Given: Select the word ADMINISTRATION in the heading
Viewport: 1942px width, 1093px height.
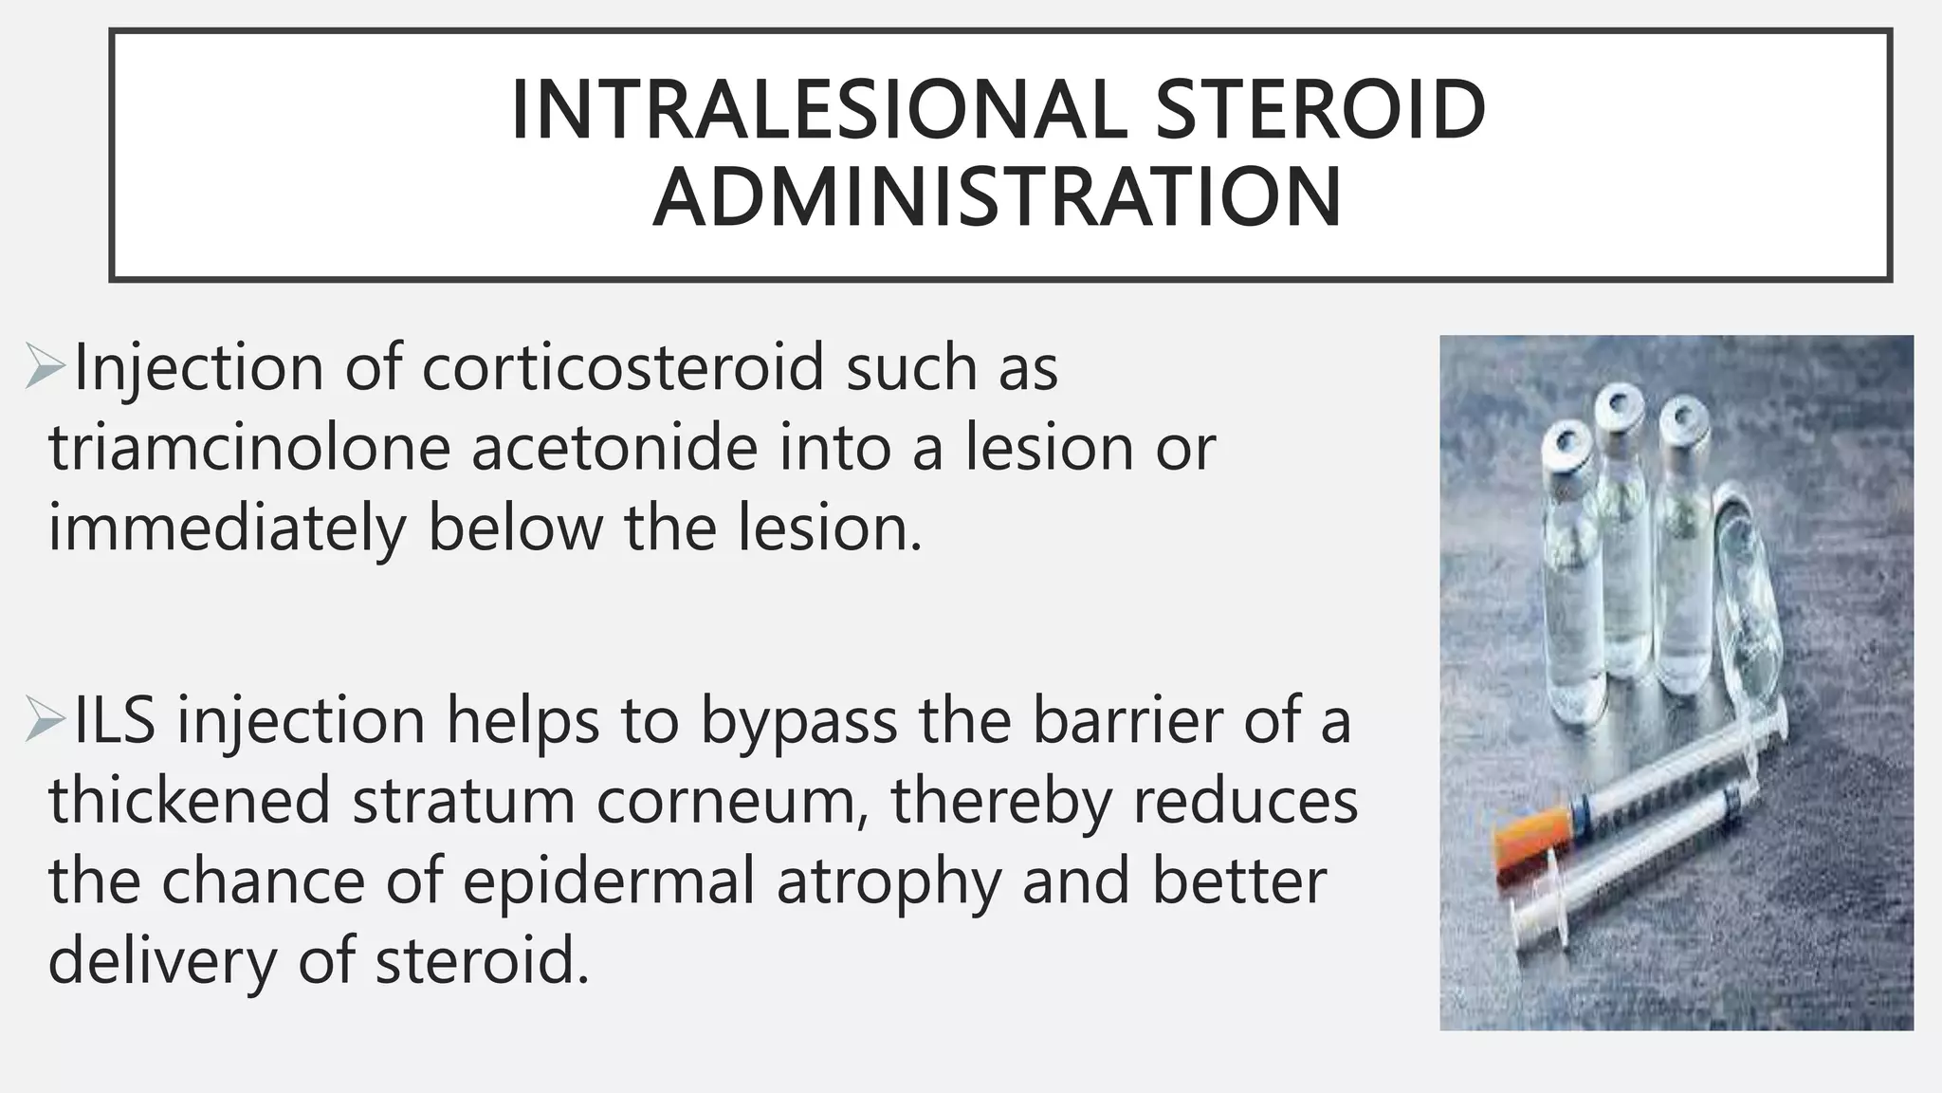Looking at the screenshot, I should (998, 197).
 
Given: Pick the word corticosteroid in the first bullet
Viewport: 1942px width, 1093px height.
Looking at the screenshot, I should (623, 368).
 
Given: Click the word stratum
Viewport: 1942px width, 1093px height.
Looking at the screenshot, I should (464, 801).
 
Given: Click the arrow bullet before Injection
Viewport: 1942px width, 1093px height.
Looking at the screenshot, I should (46, 369).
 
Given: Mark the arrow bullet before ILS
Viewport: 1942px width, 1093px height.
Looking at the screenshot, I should (46, 722).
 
